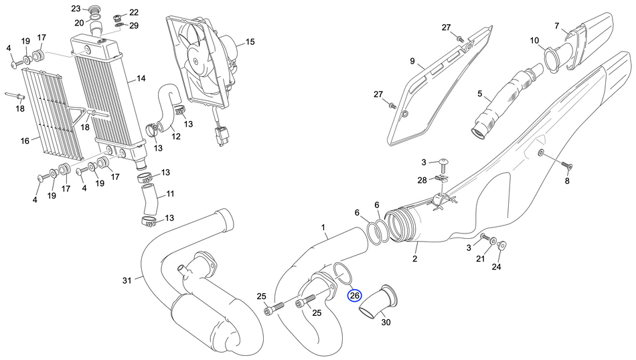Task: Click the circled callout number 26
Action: point(354,295)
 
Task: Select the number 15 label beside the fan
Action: point(249,42)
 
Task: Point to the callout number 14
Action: point(141,78)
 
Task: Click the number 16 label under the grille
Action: point(25,141)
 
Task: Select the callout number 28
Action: point(422,180)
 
